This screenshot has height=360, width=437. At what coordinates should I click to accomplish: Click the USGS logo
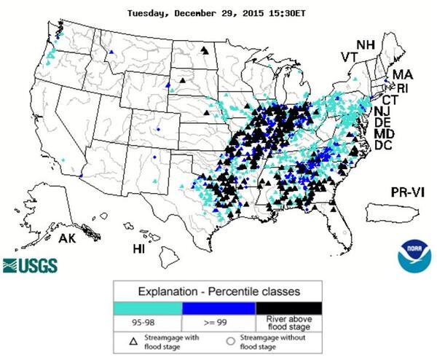(31, 264)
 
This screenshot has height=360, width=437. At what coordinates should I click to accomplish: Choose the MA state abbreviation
(403, 74)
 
